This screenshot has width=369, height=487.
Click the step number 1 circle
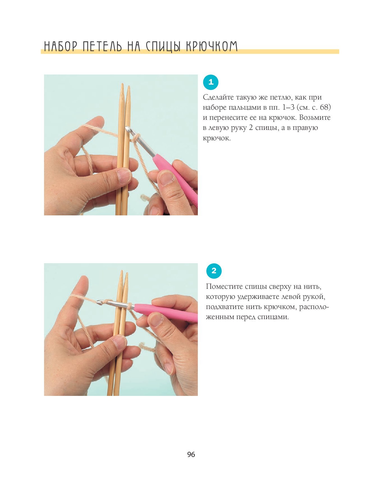click(210, 82)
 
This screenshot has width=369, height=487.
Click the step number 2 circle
click(214, 271)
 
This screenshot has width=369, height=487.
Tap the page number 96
click(191, 455)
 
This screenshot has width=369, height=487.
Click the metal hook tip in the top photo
click(128, 129)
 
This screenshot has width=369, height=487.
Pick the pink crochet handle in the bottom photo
click(166, 312)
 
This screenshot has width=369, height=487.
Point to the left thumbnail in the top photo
click(124, 176)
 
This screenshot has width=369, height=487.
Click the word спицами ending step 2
click(272, 317)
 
